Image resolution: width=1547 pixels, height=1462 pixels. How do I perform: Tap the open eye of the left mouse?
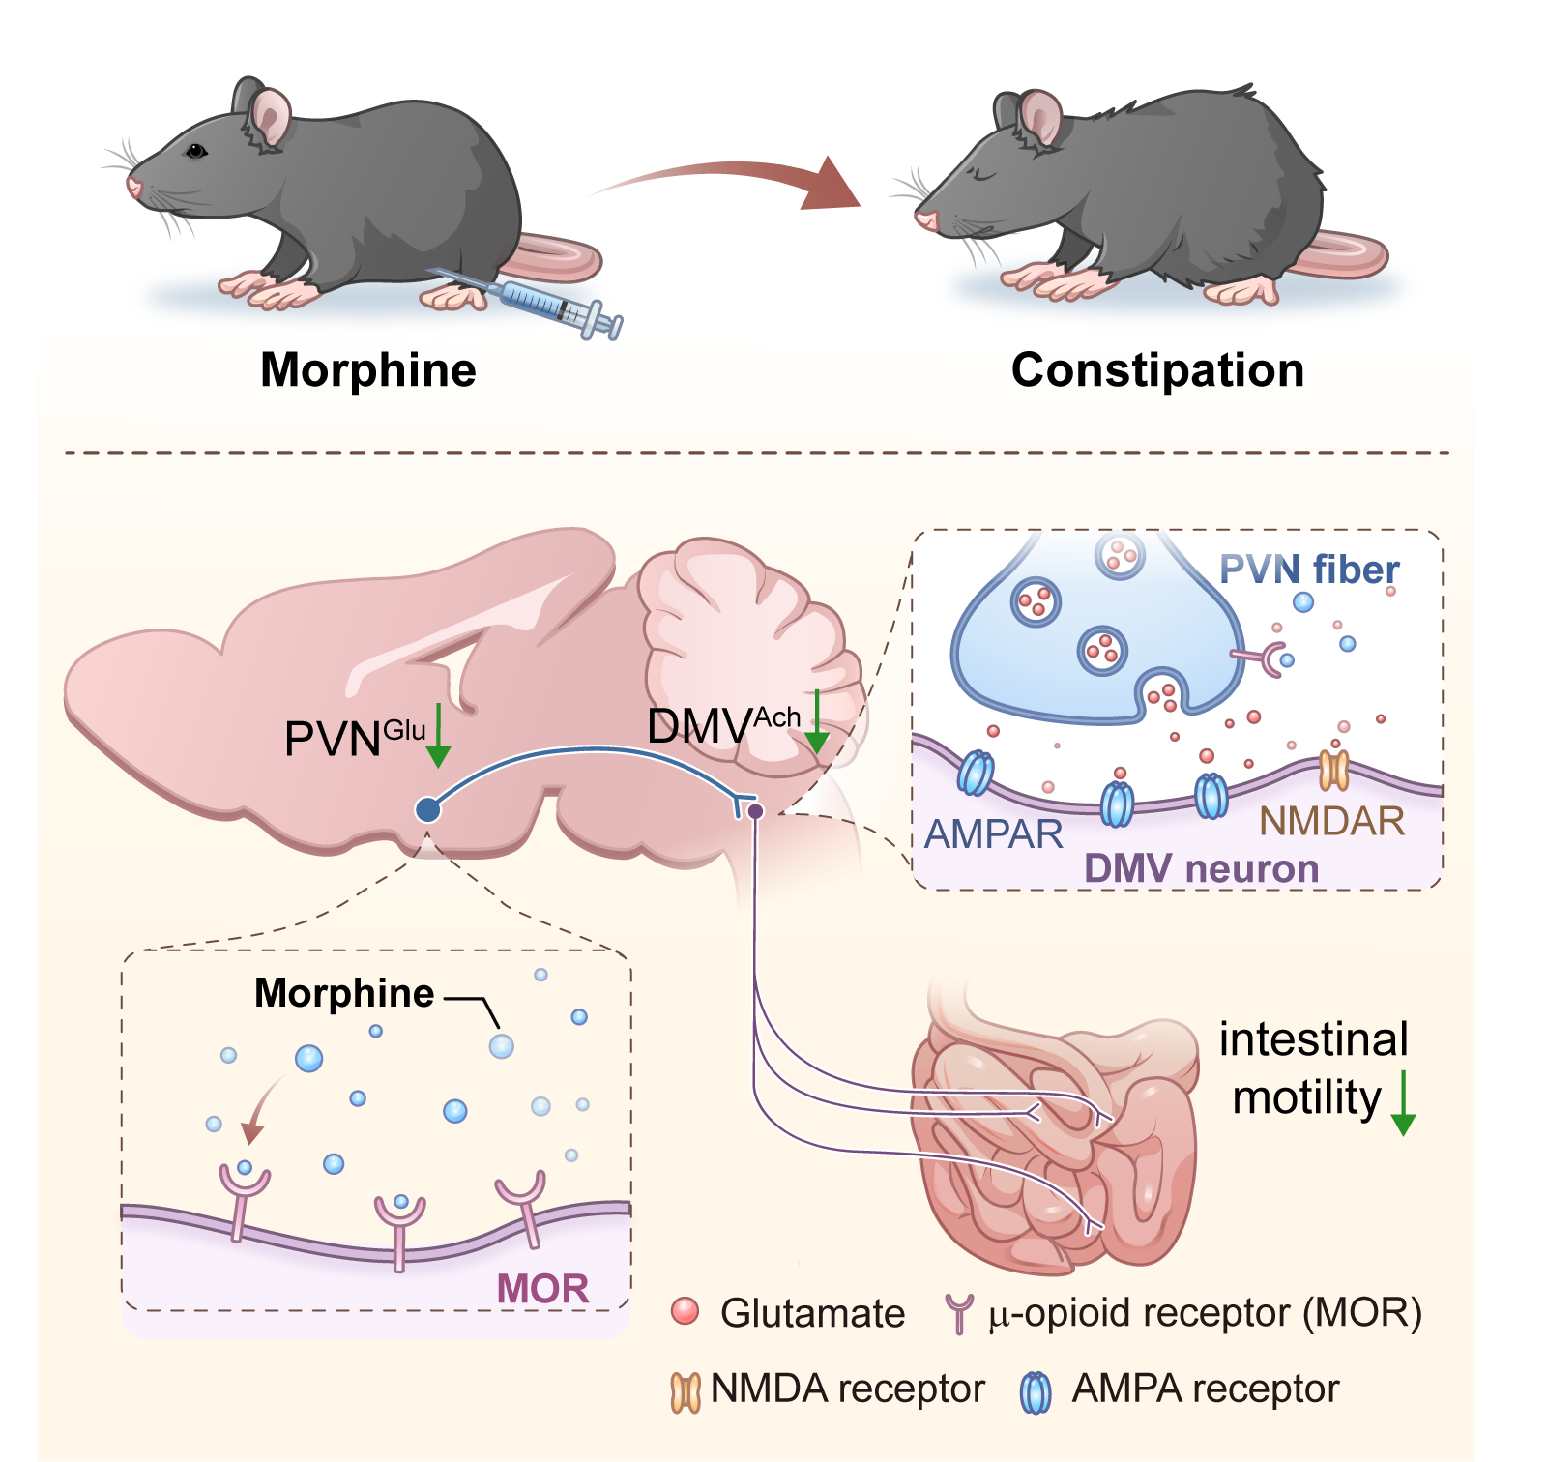click(196, 151)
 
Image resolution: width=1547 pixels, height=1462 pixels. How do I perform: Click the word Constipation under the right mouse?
click(1157, 370)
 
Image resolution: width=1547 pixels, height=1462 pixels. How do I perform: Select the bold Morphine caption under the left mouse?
click(368, 370)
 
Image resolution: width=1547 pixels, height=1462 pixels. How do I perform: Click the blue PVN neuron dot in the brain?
click(428, 809)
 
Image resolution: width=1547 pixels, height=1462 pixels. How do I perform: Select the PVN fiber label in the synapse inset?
click(1309, 570)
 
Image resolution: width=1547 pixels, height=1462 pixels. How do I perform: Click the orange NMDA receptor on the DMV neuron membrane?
click(1334, 770)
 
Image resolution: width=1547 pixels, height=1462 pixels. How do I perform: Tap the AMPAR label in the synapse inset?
click(994, 833)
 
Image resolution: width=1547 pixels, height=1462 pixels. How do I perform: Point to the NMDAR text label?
click(1331, 821)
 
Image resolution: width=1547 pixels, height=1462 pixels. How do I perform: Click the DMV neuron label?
click(1201, 868)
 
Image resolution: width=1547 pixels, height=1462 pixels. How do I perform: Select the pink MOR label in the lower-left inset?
click(542, 1288)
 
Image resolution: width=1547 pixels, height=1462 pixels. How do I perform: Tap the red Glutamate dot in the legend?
click(685, 1312)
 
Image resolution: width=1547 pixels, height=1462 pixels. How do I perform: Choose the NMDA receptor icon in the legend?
click(686, 1391)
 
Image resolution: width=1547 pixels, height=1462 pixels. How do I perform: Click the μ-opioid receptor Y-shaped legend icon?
click(958, 1314)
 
